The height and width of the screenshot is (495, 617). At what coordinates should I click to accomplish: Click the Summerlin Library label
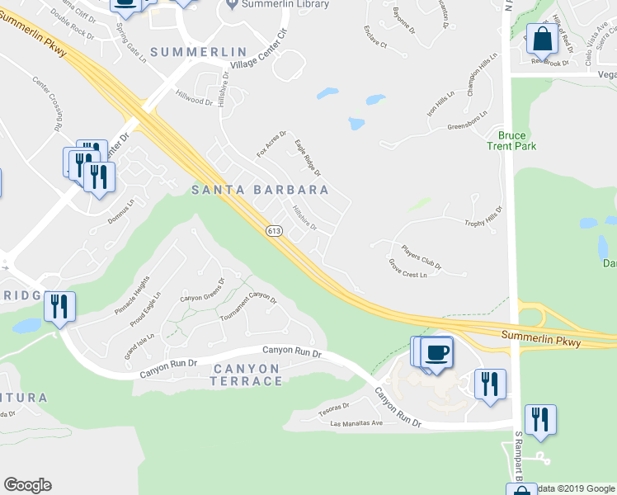pyautogui.click(x=285, y=4)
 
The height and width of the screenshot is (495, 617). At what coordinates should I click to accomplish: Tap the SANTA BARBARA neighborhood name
pyautogui.click(x=260, y=190)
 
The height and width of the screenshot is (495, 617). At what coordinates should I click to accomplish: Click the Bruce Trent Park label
pyautogui.click(x=517, y=140)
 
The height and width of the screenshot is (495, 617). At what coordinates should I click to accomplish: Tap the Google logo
pyautogui.click(x=27, y=485)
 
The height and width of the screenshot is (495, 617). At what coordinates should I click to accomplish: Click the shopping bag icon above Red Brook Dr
pyautogui.click(x=543, y=39)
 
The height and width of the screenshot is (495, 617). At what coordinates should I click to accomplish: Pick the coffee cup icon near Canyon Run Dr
pyautogui.click(x=436, y=352)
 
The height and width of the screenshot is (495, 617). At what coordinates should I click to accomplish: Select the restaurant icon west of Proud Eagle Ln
pyautogui.click(x=59, y=306)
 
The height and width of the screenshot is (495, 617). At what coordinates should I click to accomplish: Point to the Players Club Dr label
pyautogui.click(x=422, y=256)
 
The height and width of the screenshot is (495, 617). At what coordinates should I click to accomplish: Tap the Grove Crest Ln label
pyautogui.click(x=407, y=269)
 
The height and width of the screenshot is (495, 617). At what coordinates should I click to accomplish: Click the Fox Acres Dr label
pyautogui.click(x=271, y=144)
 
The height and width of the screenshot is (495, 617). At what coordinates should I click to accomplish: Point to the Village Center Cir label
pyautogui.click(x=262, y=58)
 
